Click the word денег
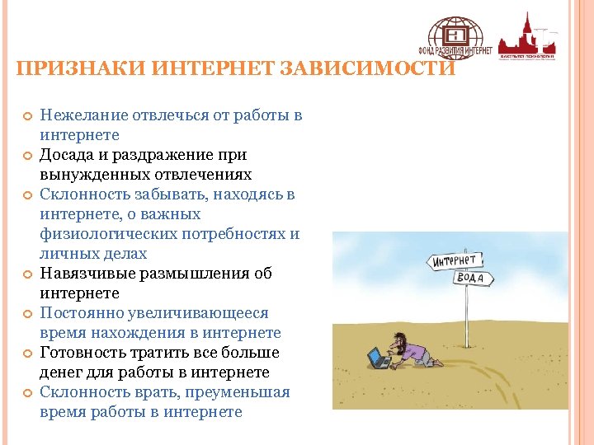coord(62,372)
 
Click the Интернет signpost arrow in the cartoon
coord(455,261)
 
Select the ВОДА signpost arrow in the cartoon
coord(474,278)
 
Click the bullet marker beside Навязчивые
coord(27,274)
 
